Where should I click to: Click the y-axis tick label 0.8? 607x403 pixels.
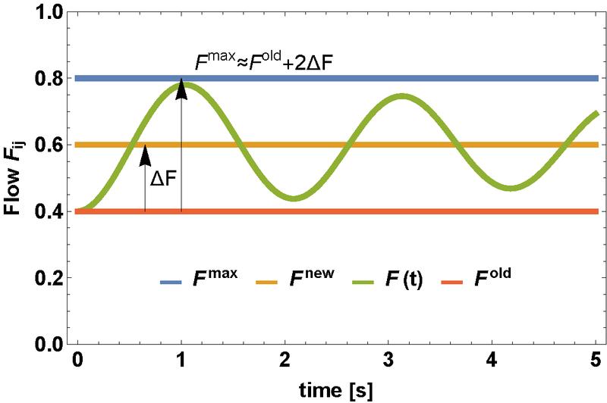click(50, 78)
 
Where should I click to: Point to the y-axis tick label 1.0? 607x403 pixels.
click(50, 12)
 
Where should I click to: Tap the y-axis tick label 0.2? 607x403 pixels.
click(50, 278)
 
